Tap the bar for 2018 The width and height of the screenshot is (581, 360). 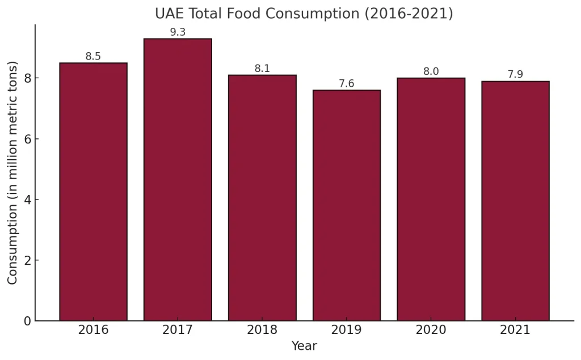[x=262, y=198]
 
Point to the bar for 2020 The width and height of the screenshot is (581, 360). [x=431, y=200]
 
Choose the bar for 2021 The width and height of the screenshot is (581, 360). [x=515, y=201]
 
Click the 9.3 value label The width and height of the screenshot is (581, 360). [x=178, y=32]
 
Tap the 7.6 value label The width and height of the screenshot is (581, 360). [x=347, y=84]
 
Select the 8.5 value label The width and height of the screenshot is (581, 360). [x=93, y=57]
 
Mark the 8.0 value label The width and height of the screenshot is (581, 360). [x=431, y=72]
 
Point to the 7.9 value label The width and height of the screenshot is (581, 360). [x=515, y=75]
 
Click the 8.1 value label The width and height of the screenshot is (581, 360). [x=262, y=69]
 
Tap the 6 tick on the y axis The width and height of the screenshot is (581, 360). [x=27, y=139]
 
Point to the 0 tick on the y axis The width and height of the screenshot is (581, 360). [x=27, y=321]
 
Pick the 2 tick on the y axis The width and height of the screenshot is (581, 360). [x=27, y=261]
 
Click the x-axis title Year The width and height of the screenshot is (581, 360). [x=304, y=346]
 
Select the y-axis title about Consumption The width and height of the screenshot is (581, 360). [x=12, y=172]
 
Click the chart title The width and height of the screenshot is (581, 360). [x=304, y=14]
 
